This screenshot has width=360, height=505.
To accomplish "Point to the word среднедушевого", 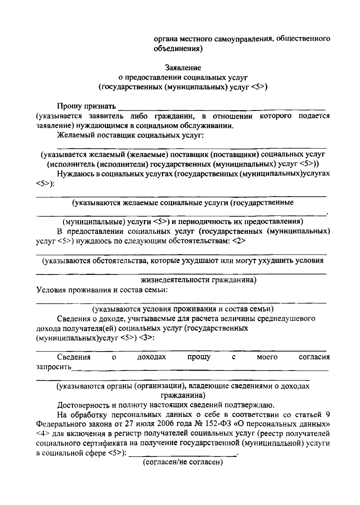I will click(x=284, y=318).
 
